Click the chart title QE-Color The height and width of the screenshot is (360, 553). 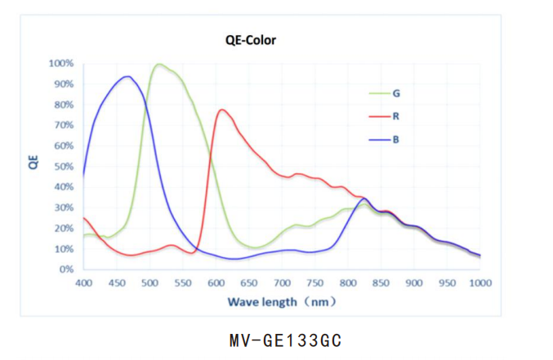coord(250,39)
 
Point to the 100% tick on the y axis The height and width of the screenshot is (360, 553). coord(62,64)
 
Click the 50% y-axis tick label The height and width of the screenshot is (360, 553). coord(65,167)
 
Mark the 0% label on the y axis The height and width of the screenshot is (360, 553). coord(68,269)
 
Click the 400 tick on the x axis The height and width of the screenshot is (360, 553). coord(83,283)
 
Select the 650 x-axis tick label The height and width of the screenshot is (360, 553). coord(248,283)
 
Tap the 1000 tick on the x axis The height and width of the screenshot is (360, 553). coord(479,283)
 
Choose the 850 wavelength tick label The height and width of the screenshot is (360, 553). coord(381,283)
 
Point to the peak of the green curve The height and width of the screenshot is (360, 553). coord(159,64)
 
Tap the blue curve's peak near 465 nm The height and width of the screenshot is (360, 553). coord(127,77)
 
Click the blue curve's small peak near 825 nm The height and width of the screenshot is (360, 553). coord(364,198)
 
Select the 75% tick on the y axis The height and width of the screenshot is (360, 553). coord(65,115)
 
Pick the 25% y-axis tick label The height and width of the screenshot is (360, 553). coord(65,218)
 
